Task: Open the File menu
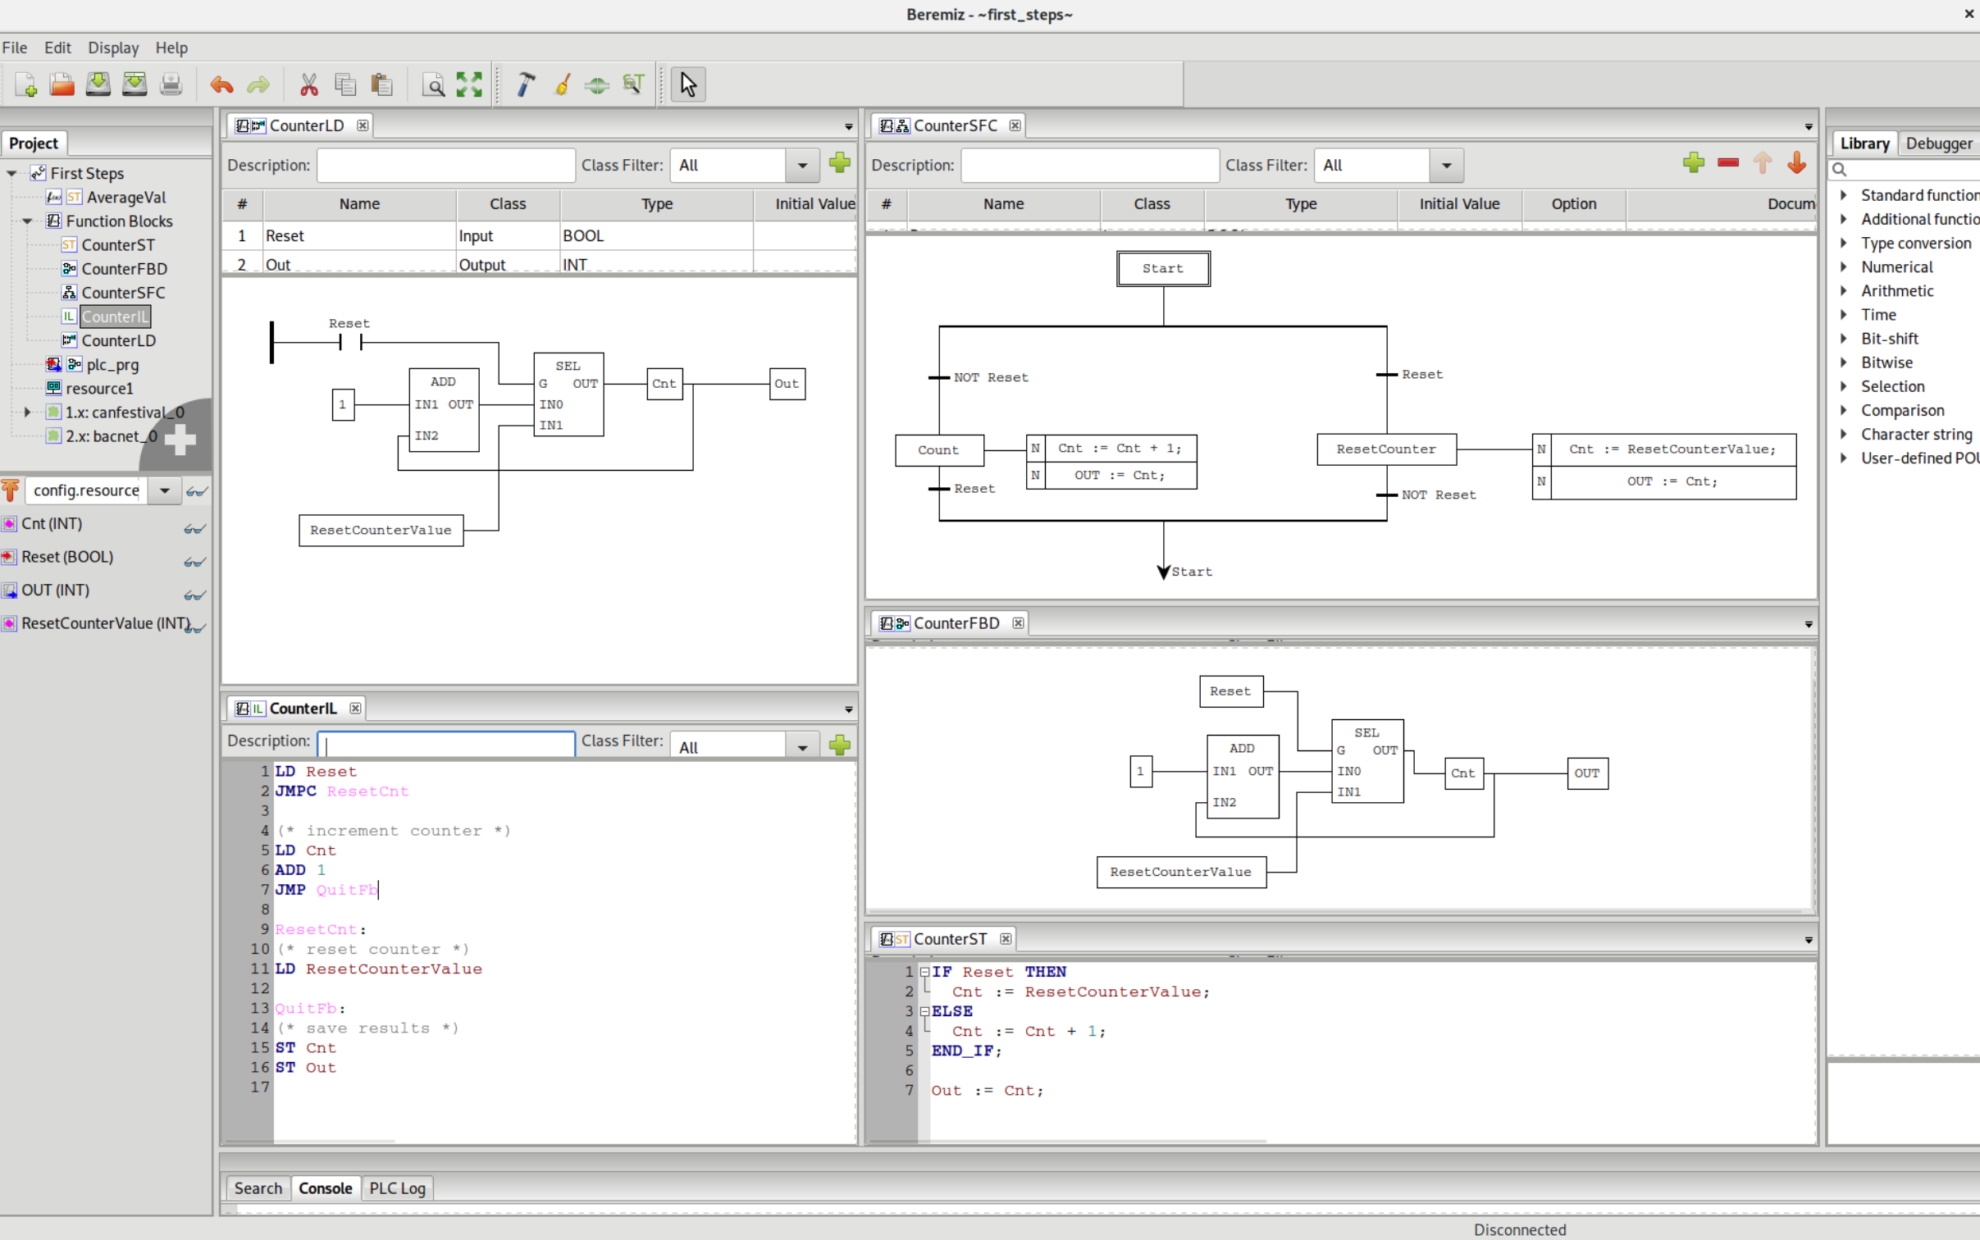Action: [x=15, y=48]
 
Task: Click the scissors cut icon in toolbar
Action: [x=308, y=84]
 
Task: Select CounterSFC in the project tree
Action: [x=123, y=293]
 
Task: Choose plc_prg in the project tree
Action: [x=112, y=365]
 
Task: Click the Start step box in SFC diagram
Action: [x=1162, y=269]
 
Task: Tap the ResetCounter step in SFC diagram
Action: [x=1385, y=449]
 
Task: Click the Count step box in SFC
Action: [x=938, y=450]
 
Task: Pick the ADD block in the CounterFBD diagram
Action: [x=1242, y=776]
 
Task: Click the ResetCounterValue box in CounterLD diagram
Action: [x=381, y=531]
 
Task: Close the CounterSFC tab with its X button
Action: [x=1015, y=125]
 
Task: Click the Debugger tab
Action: [x=1938, y=144]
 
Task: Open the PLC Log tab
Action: [x=397, y=1188]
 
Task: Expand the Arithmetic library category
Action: [x=1843, y=291]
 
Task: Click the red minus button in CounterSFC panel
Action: [x=1727, y=163]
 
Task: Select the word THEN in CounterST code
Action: [x=1045, y=972]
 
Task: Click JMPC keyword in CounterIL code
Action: [x=295, y=791]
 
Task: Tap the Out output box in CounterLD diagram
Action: [x=787, y=384]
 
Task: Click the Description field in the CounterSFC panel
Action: [x=1088, y=166]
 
